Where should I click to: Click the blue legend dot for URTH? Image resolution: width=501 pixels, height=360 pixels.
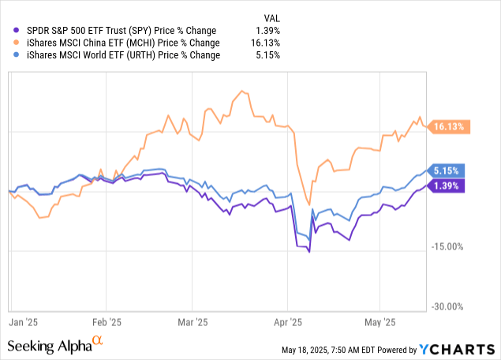click(11, 55)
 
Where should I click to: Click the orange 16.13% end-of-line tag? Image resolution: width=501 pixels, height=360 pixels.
click(450, 126)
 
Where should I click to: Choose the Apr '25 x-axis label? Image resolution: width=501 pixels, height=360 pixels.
click(288, 322)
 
